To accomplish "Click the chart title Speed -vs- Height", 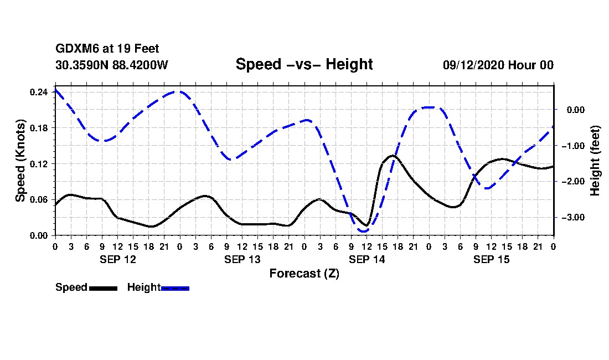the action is pos(304,64).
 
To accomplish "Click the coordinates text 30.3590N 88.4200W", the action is pos(111,65).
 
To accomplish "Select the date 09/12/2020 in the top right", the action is pos(473,65).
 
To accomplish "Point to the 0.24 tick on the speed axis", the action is pos(38,92).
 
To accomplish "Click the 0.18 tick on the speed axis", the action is pos(38,128).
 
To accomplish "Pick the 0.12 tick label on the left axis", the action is pos(38,164).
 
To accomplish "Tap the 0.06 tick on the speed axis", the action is pos(38,199).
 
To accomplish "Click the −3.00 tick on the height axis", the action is pos(573,218).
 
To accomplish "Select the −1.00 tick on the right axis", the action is pos(573,146).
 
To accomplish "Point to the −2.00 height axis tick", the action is pos(573,182).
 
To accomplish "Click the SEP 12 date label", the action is pos(118,259).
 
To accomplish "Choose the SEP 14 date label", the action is pos(367,259).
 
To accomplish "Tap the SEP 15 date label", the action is pos(491,259).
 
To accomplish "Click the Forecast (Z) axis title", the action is pos(304,274).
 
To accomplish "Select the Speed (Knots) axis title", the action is pos(20,161).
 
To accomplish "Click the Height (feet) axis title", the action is pos(595,161).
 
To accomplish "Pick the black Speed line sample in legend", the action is pos(103,288).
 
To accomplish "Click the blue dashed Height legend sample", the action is pos(175,288).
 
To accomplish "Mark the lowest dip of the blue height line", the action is pos(364,231).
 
